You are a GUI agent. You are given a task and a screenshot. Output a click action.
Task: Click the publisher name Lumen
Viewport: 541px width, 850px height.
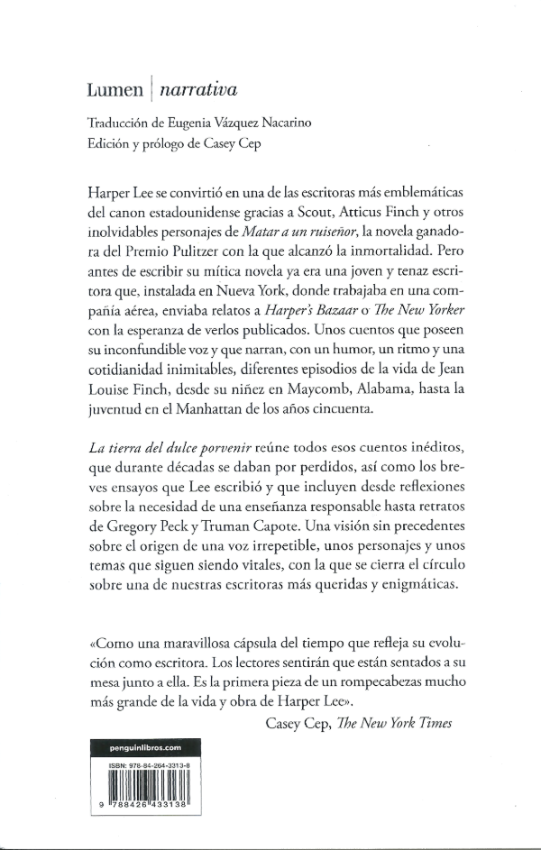115,89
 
